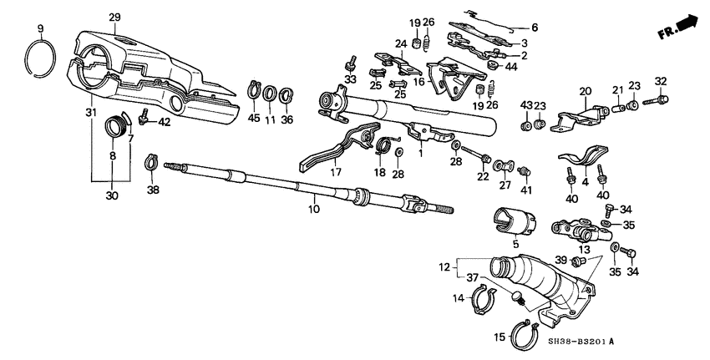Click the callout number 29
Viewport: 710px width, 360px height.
pos(114,18)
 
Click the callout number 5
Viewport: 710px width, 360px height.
pos(515,245)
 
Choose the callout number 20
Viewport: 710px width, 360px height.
pos(584,91)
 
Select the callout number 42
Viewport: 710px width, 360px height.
pos(165,122)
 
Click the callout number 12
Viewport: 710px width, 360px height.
pos(444,267)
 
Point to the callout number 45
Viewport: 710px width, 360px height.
pos(252,119)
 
